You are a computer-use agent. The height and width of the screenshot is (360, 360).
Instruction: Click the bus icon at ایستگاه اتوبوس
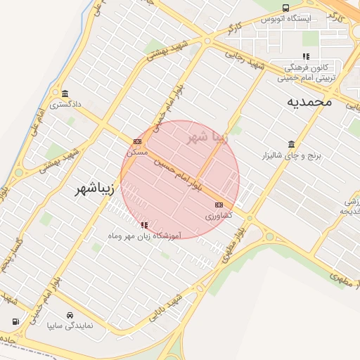click(x=285, y=8)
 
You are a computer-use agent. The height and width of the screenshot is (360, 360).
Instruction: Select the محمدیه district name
click(x=309, y=102)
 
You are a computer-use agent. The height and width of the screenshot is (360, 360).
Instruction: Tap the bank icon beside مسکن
click(x=136, y=141)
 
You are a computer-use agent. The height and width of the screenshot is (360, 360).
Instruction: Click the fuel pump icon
click(x=15, y=321)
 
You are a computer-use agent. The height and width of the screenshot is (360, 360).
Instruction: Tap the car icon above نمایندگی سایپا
click(x=70, y=315)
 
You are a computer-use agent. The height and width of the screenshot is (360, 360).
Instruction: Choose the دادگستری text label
click(x=65, y=104)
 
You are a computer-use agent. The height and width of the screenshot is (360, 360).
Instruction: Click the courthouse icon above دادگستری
click(x=65, y=94)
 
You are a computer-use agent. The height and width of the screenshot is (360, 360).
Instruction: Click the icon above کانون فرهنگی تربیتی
click(x=305, y=56)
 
